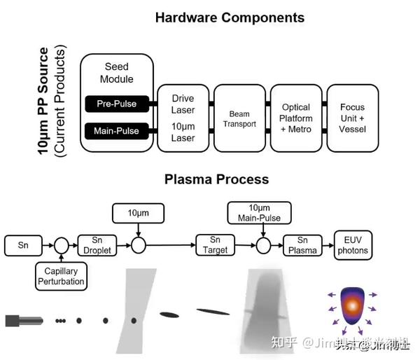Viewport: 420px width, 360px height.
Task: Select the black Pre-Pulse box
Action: [x=117, y=104]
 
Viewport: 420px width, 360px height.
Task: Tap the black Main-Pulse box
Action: [x=117, y=130]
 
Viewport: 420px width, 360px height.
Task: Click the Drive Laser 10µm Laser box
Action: [x=183, y=117]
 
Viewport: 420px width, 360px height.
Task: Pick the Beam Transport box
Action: [x=239, y=117]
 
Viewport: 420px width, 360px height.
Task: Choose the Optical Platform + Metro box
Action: [x=296, y=117]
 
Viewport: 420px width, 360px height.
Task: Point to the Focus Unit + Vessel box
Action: [x=352, y=117]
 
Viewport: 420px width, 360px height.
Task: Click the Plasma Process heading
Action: [x=216, y=179]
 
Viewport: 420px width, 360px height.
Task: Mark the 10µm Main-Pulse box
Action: [x=263, y=213]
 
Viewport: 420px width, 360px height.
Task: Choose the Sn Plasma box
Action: [x=303, y=245]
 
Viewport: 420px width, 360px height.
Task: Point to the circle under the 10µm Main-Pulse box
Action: [x=263, y=245]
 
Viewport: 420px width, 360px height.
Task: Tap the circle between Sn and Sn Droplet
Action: [x=61, y=245]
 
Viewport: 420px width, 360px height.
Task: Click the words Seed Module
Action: [x=117, y=72]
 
